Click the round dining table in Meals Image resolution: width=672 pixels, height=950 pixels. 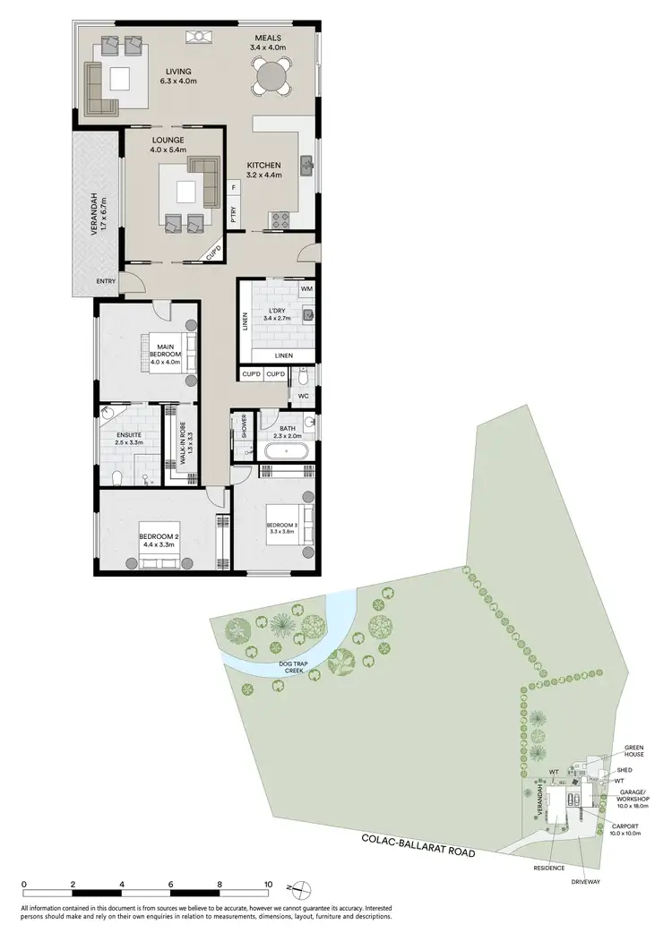pyautogui.click(x=272, y=76)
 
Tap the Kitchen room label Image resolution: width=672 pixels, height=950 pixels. pyautogui.click(x=265, y=170)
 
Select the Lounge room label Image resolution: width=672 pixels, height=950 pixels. pyautogui.click(x=168, y=145)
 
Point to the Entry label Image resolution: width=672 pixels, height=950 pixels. pyautogui.click(x=107, y=283)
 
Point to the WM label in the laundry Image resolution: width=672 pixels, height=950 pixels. pyautogui.click(x=306, y=289)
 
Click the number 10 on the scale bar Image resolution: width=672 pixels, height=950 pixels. pyautogui.click(x=267, y=884)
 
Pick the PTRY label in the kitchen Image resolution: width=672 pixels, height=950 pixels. pyautogui.click(x=233, y=214)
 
